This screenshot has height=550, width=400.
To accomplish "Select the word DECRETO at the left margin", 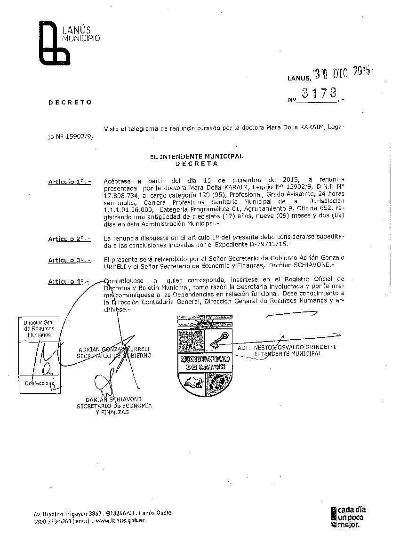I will (70, 102).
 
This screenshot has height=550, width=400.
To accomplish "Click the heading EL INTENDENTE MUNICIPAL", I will (197, 157).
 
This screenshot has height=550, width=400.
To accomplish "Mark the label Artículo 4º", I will (69, 281).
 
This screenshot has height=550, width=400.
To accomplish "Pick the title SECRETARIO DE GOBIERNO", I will (114, 356).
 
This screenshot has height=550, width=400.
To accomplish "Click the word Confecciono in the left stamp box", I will (40, 383).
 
